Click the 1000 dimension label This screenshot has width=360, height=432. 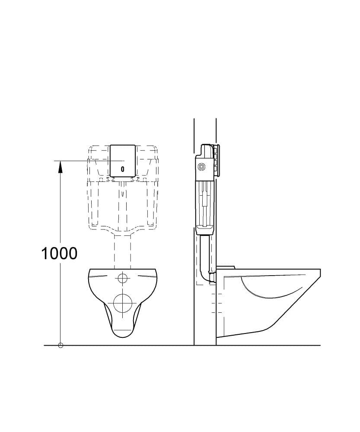click(x=59, y=254)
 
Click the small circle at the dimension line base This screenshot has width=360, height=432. click(x=61, y=345)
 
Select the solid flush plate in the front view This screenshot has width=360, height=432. click(x=123, y=161)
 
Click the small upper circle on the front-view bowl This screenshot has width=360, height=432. click(x=122, y=278)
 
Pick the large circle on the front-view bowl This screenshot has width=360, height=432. click(x=123, y=303)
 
